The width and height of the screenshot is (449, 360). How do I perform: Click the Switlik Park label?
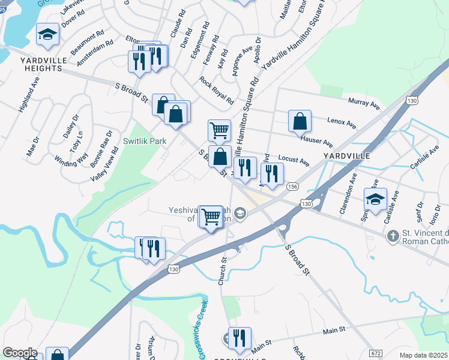tap(145, 141)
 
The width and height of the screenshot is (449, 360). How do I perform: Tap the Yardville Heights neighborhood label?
tap(41, 64)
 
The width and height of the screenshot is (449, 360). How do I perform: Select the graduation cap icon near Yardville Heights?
tap(47, 35)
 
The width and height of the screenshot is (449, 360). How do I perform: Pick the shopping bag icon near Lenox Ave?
tap(300, 121)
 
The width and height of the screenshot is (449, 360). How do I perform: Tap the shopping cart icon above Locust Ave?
tap(219, 129)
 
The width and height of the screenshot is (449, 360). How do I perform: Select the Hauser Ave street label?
tap(317, 141)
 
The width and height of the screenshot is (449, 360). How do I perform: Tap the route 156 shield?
tap(292, 187)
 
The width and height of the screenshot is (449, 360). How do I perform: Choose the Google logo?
tap(20, 353)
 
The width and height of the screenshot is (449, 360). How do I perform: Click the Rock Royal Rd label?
tap(217, 90)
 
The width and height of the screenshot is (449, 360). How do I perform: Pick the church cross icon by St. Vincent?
tap(393, 235)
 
